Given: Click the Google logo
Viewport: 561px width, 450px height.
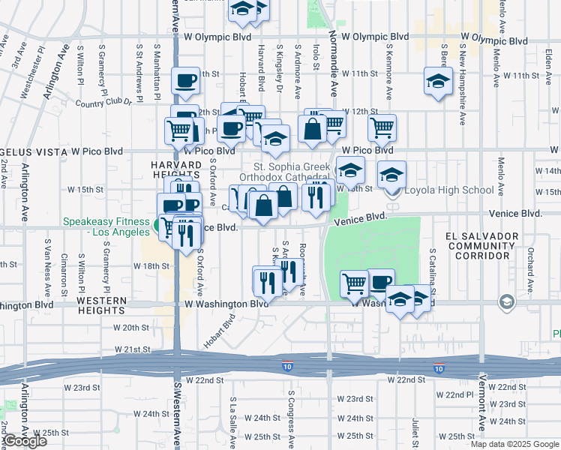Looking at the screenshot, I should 25,441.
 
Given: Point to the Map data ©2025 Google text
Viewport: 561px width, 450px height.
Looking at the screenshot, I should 514,444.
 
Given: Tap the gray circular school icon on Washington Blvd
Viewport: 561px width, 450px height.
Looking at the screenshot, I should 507,301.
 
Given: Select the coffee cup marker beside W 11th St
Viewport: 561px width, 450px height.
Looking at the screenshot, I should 185,81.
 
